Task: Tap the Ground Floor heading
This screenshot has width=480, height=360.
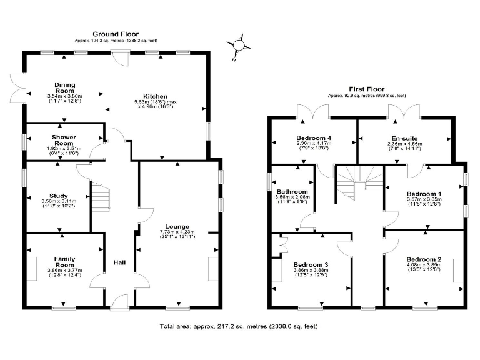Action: [116, 34]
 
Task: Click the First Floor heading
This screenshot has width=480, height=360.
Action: [367, 89]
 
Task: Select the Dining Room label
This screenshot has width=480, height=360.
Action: [64, 87]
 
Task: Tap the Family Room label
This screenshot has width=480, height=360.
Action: [64, 261]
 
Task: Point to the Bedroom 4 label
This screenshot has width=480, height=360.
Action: [313, 137]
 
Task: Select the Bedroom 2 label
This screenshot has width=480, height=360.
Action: [424, 259]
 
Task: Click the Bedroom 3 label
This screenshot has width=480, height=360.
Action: [311, 264]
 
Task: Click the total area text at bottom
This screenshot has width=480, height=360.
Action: [242, 326]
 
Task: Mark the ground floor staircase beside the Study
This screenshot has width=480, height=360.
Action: [101, 197]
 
